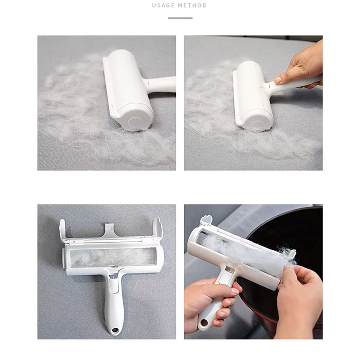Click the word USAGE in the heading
pos(163,5)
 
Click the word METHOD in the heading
pos(192,5)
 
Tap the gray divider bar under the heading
pos(180,18)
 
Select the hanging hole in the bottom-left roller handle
pos(114,331)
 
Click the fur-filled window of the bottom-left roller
pos(113,258)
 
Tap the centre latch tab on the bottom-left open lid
pos(110,230)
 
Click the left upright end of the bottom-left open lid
pos(63,230)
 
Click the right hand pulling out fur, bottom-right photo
pos(300,301)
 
